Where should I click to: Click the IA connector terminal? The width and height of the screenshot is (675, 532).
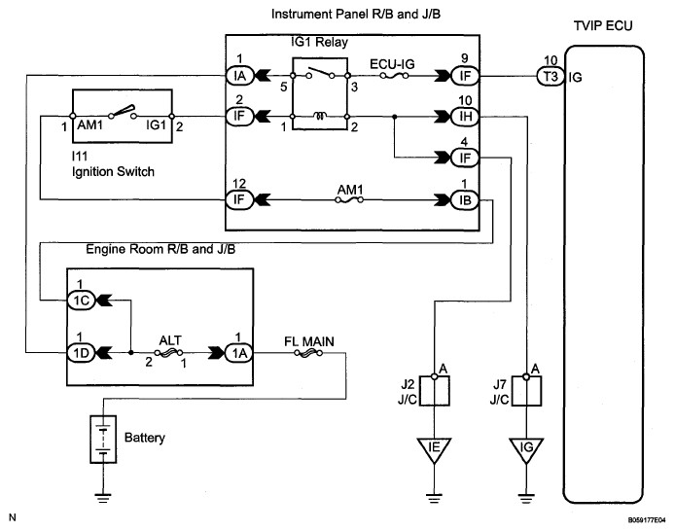[239, 76]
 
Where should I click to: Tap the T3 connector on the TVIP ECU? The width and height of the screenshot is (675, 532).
[551, 76]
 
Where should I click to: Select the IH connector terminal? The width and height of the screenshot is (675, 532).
[465, 116]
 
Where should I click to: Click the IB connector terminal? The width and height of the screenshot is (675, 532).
[465, 199]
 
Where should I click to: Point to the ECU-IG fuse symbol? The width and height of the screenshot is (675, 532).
[394, 76]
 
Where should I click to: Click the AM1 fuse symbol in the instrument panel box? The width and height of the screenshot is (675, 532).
[349, 200]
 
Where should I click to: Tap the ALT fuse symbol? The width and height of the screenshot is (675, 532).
[169, 353]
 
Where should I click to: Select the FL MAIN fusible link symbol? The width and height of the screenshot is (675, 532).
[308, 353]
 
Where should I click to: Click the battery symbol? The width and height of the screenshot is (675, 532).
[103, 439]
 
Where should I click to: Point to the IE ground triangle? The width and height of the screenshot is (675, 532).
[434, 450]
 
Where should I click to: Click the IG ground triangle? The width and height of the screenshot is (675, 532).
[526, 450]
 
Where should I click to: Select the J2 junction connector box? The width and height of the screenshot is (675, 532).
[435, 391]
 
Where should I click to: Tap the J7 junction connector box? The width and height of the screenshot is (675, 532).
[526, 391]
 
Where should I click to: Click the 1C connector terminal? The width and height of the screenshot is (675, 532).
[81, 300]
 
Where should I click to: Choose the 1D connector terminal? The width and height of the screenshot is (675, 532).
[81, 353]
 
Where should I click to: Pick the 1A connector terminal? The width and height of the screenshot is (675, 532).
[239, 353]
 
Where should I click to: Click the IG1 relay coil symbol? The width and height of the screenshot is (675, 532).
[320, 116]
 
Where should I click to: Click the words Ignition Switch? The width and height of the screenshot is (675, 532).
[113, 172]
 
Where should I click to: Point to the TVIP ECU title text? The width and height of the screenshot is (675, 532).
[603, 26]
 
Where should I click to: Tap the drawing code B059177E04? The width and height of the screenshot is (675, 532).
[647, 520]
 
